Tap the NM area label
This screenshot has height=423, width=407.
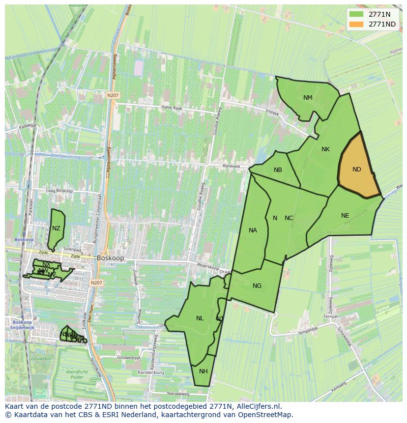tap(308, 98)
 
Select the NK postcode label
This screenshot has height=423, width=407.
tap(325, 149)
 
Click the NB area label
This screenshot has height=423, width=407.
tap(278, 170)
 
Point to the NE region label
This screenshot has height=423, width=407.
tap(345, 216)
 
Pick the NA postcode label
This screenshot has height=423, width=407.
tap(253, 230)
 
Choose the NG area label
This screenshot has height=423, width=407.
tap(257, 286)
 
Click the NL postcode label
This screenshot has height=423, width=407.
tap(200, 318)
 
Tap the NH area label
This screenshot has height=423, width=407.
tap(203, 371)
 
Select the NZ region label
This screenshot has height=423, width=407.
tap(56, 228)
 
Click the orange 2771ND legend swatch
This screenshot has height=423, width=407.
tap(356, 24)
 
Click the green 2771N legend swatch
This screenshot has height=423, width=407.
tap(356, 14)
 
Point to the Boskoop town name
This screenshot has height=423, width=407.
tap(111, 257)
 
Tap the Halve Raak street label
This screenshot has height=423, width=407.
tap(172, 108)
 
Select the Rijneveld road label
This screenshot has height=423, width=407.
tap(231, 166)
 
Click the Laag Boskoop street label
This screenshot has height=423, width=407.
tap(59, 191)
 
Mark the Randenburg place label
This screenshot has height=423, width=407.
tap(150, 372)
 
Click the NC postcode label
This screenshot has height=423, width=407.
tap(289, 218)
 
